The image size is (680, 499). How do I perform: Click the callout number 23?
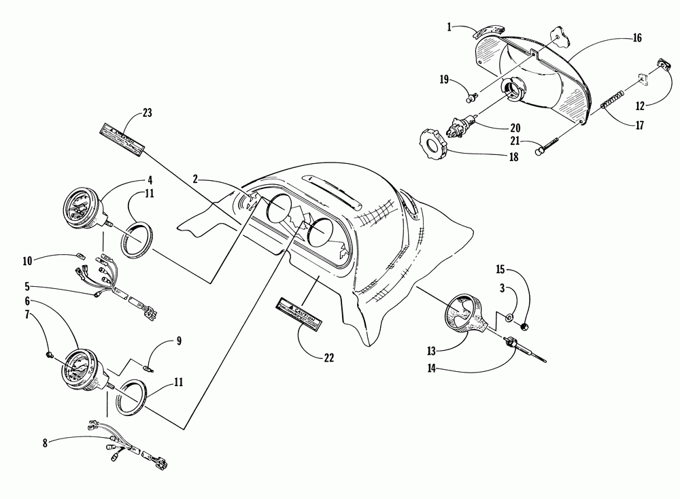[148, 114]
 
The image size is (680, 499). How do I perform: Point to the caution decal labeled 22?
[296, 312]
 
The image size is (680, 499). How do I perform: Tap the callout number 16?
[636, 39]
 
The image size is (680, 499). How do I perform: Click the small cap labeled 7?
[50, 354]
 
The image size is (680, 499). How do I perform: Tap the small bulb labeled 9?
[148, 368]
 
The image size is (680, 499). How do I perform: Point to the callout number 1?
[450, 27]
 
